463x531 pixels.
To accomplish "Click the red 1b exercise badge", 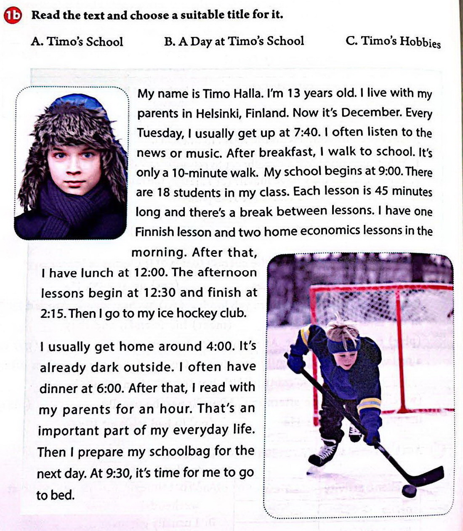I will click(13, 16).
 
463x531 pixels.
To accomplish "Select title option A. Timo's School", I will click(77, 42).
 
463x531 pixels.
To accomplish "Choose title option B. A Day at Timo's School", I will click(234, 41).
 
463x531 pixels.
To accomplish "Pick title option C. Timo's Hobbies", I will click(393, 42).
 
